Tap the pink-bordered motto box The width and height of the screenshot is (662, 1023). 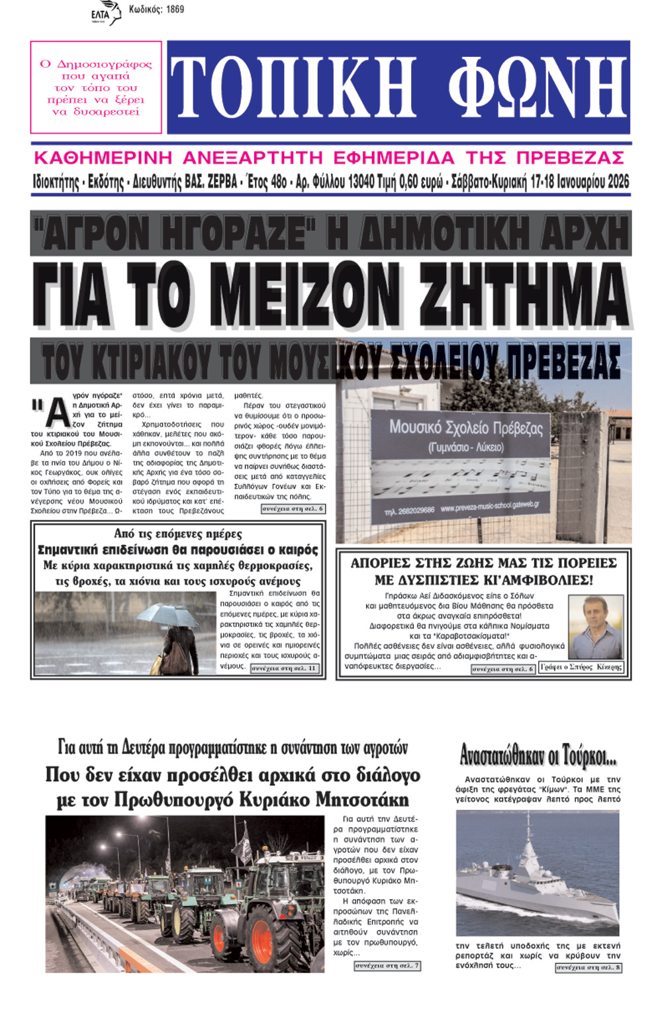96,87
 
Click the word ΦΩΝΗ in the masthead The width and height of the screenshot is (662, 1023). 536,87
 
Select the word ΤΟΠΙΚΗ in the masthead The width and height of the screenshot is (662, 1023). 293,87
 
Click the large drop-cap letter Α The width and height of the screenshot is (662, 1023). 57,414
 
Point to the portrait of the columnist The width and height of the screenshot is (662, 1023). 596,626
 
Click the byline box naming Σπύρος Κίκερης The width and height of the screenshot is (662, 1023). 581,667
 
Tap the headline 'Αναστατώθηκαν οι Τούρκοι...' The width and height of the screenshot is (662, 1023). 538,755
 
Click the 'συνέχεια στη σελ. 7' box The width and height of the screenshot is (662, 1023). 387,966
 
